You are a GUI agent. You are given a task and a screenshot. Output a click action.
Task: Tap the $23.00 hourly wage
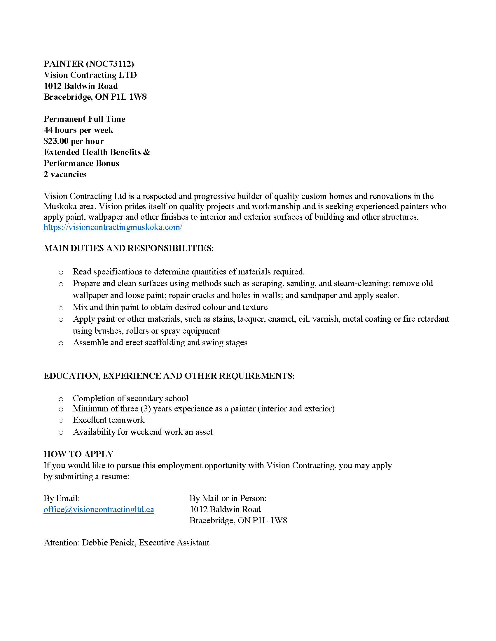coord(56,141)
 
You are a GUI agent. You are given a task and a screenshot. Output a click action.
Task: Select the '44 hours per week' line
coord(78,130)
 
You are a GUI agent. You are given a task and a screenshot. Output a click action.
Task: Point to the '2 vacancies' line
coord(65,174)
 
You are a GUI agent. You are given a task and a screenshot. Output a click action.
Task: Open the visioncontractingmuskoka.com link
coord(113,227)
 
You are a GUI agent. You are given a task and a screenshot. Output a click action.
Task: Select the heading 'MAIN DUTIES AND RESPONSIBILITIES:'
coord(128,248)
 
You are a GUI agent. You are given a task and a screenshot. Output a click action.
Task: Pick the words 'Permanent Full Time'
coord(84,119)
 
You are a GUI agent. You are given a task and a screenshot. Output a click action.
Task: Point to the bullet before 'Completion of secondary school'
coord(61,399)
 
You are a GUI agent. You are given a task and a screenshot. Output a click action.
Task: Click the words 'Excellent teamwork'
coord(109,420)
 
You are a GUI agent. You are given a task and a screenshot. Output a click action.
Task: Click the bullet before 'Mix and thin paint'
coord(61,308)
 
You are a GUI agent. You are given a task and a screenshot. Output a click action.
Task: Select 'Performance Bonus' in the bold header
coord(81,163)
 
